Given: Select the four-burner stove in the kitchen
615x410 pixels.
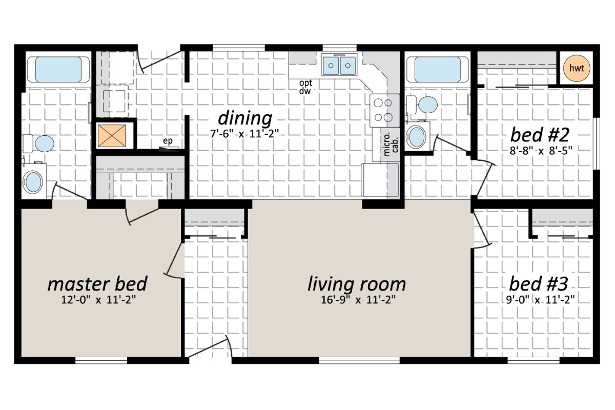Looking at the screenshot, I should coord(384,110).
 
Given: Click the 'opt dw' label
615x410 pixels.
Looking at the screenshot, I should coord(306,87).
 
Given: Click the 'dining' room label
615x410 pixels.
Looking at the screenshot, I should coord(245,118).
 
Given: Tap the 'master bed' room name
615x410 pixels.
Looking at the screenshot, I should coord(97,283).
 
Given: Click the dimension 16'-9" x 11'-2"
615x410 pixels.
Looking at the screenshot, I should coord(357,299).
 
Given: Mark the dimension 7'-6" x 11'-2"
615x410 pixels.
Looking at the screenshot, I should coord(245,133).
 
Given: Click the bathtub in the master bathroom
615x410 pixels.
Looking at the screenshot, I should coord(57,70).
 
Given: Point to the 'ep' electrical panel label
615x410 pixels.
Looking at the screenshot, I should coord(167,141).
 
